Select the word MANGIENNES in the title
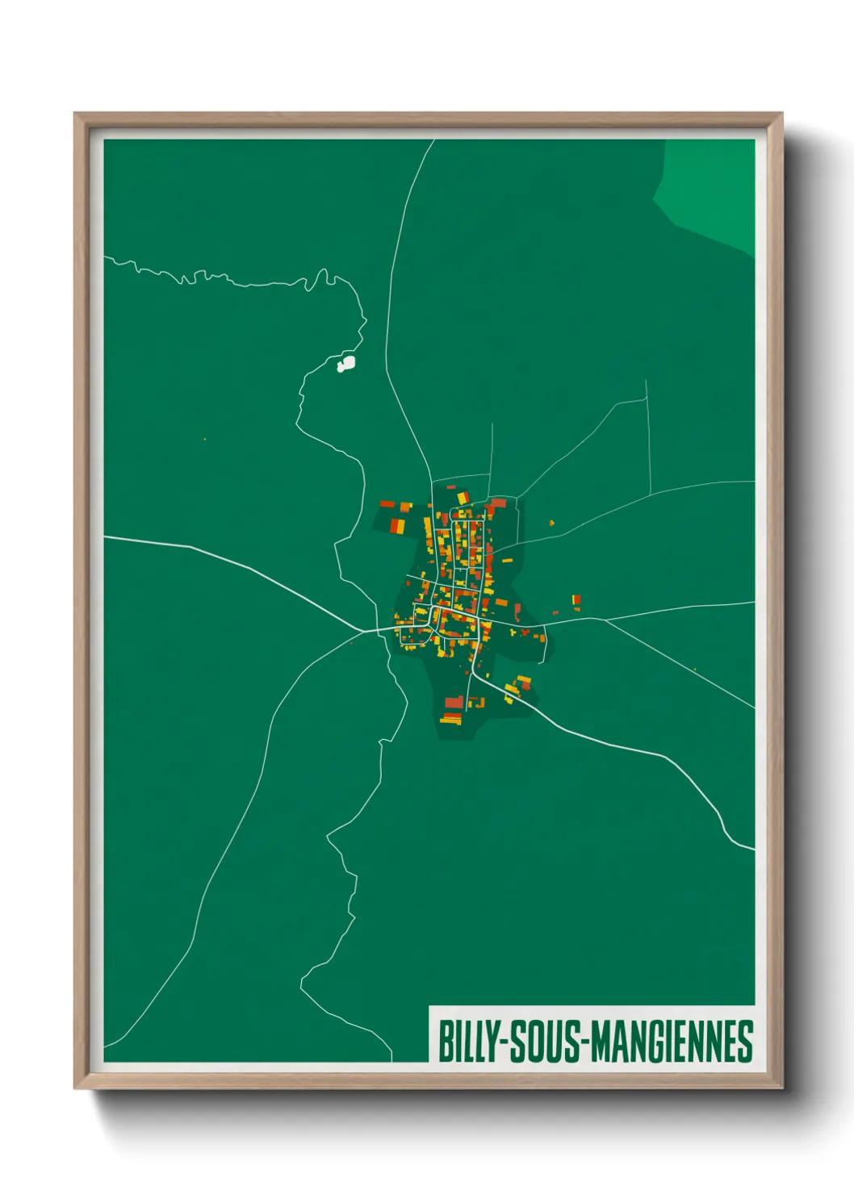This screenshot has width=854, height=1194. tap(672, 1042)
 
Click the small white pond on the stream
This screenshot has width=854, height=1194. tap(346, 364)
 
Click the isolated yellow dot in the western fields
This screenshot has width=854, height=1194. tap(205, 439)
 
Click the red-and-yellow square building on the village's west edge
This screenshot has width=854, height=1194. tap(397, 526)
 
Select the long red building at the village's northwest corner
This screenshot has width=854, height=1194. tap(387, 504)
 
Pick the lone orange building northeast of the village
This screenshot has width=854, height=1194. tap(552, 523)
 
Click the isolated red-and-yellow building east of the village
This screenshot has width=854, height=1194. tap(576, 600)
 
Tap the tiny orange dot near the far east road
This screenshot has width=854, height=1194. tap(695, 668)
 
